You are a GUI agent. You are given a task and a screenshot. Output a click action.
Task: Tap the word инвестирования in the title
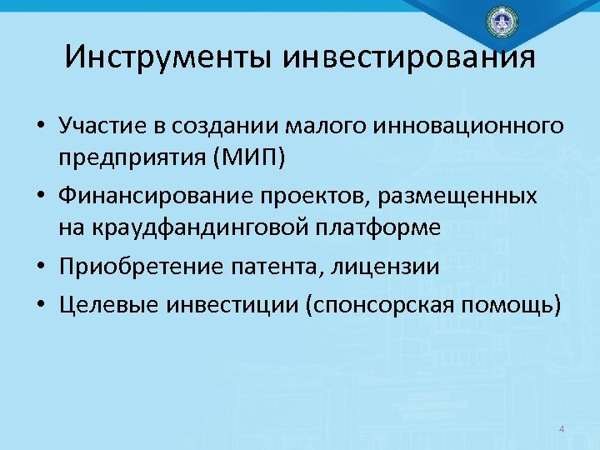tap(409, 57)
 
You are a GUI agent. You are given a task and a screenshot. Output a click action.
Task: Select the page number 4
tap(561, 429)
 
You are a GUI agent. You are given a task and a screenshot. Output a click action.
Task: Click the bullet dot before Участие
tap(40, 127)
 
